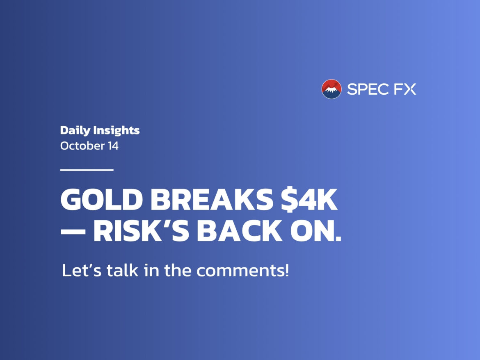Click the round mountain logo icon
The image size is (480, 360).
(331, 89)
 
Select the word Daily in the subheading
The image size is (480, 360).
(75, 131)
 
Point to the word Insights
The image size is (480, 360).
(117, 131)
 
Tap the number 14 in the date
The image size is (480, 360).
(113, 146)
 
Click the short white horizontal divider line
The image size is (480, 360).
(87, 170)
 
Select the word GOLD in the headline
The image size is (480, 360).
(102, 199)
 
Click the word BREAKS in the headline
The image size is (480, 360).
(212, 199)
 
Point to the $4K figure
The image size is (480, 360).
(309, 199)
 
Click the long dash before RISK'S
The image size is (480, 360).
(73, 231)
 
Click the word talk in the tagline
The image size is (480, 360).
(122, 270)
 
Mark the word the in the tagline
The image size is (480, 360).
(178, 270)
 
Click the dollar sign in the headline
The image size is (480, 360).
(289, 199)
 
